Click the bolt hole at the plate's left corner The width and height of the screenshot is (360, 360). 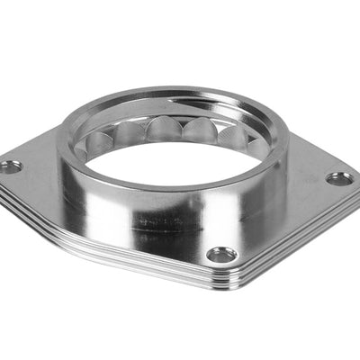coord(12,166)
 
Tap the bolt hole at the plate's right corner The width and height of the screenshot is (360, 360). coord(339,178)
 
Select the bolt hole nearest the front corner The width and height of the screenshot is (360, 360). coord(221,256)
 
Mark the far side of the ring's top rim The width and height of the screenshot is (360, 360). coord(180,92)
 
